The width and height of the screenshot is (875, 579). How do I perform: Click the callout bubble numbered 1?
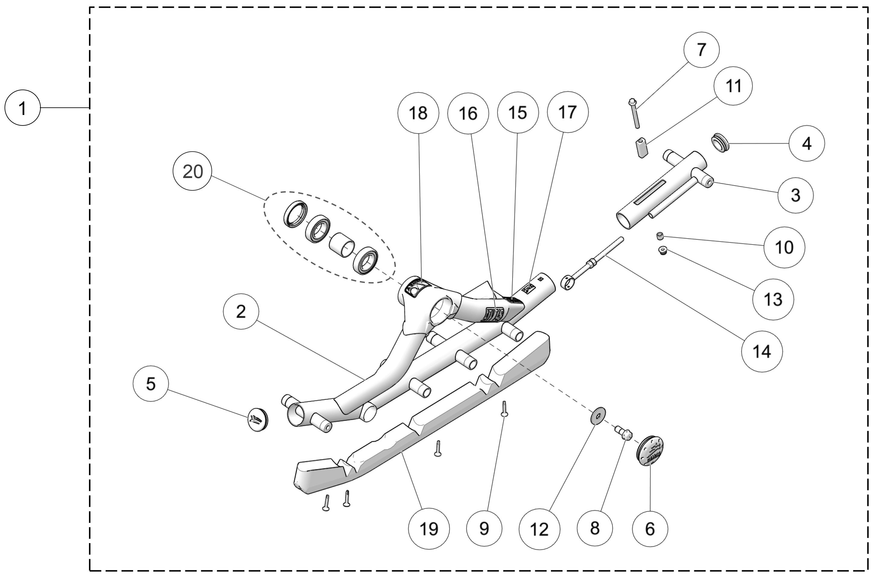click(x=22, y=108)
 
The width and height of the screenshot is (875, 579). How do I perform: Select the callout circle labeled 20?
click(x=192, y=171)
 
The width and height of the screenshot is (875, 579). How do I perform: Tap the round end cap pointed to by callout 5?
click(x=257, y=420)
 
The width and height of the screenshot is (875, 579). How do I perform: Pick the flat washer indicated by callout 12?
click(x=598, y=416)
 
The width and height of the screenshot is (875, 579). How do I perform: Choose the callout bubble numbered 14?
click(x=762, y=351)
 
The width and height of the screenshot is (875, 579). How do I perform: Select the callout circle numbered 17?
click(x=568, y=112)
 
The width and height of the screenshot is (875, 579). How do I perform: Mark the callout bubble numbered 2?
click(x=241, y=311)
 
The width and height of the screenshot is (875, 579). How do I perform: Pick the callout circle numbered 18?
click(x=418, y=113)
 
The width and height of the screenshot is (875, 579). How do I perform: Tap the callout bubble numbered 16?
click(x=468, y=113)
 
